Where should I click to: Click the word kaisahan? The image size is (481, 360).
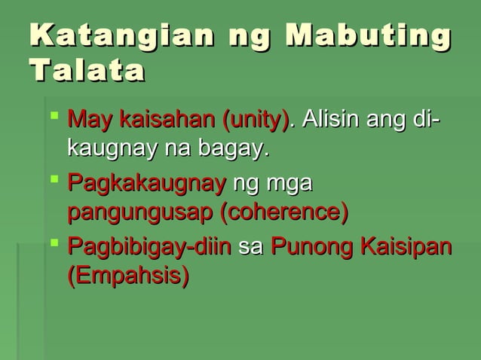(166, 120)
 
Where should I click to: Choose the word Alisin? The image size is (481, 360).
(329, 120)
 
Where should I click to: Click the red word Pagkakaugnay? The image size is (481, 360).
(146, 185)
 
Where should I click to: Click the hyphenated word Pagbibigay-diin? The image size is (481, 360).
(149, 248)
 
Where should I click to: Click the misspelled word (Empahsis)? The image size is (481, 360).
(127, 275)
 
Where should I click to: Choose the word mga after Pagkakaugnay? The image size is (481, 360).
(294, 185)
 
